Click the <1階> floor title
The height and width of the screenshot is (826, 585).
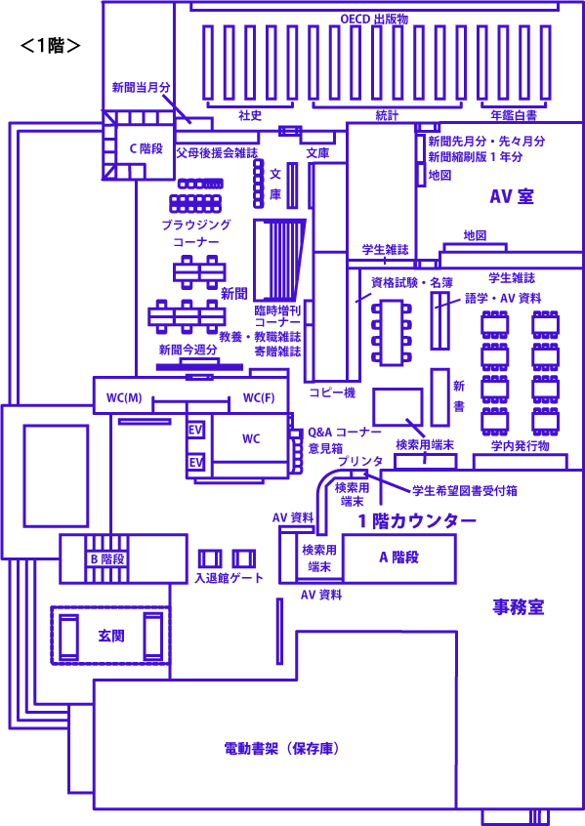coord(51,46)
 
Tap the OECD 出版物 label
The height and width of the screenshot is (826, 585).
coord(374,20)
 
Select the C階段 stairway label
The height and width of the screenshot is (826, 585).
coord(146,148)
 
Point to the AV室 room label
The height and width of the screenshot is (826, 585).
coord(512,196)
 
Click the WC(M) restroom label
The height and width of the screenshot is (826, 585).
coord(124,397)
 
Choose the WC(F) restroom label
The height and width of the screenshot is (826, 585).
coord(259,397)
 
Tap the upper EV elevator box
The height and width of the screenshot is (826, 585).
coord(195,430)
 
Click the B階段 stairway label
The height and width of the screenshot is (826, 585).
coord(107,558)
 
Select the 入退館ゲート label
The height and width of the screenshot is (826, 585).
coord(229,578)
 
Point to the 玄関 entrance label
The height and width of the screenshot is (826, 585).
coord(111,636)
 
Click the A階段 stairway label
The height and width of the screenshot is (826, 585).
coord(399,558)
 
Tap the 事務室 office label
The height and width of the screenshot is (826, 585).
coord(519,607)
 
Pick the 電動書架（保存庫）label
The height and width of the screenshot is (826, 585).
coord(281,749)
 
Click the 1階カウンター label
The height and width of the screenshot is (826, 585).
coord(417,521)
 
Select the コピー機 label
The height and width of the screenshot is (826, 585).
coord(333,392)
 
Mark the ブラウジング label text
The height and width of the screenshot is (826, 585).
coord(196,225)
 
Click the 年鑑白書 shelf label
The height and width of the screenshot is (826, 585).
coord(514,115)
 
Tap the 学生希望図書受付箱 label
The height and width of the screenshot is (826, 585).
coord(465,491)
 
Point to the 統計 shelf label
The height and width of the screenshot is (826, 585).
coord(387,115)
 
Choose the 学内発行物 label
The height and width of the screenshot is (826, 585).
coord(521,445)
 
